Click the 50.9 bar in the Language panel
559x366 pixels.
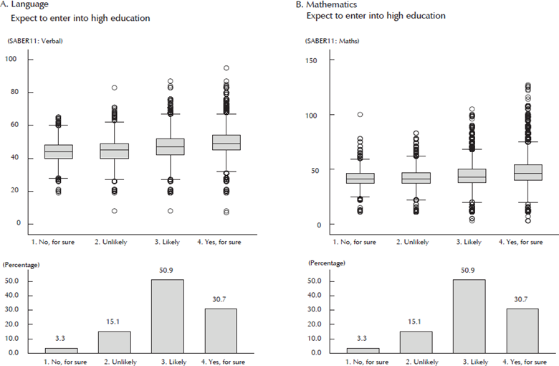coord(168,316)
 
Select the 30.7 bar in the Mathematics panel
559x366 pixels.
coord(523,330)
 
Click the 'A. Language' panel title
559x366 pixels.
coord(24,5)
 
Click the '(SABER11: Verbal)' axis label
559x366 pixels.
coord(35,41)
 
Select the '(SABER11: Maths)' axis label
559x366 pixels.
coord(333,41)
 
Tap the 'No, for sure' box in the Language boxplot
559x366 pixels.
coord(59,151)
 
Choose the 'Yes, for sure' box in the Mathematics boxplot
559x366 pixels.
coord(523,172)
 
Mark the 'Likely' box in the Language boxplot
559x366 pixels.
coord(170,146)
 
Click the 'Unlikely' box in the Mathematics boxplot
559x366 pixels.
coord(416,177)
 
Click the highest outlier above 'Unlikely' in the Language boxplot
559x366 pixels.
coord(114,88)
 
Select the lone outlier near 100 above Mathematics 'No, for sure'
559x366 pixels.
coord(360,114)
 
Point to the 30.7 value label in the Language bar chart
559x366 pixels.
coord(221,301)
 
